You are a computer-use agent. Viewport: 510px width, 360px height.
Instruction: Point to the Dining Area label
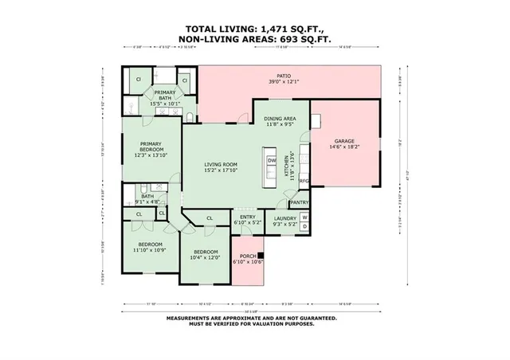click(279, 119)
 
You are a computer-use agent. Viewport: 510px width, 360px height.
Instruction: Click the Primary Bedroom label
click(151, 145)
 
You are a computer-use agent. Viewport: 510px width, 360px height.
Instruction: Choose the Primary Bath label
click(165, 93)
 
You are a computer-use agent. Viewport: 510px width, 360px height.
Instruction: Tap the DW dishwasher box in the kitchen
click(272, 160)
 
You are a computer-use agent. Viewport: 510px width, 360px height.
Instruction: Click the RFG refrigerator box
click(304, 181)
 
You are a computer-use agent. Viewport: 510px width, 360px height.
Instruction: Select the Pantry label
click(299, 203)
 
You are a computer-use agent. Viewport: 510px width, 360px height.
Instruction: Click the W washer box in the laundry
click(304, 217)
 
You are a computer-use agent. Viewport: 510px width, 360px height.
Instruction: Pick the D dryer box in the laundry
click(304, 227)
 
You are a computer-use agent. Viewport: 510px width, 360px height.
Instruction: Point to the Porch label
click(248, 256)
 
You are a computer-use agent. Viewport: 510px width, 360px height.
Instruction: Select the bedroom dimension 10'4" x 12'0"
click(205, 257)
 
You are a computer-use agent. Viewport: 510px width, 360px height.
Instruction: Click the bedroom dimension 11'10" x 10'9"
click(150, 250)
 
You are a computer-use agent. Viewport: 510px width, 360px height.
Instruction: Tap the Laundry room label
click(284, 217)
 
